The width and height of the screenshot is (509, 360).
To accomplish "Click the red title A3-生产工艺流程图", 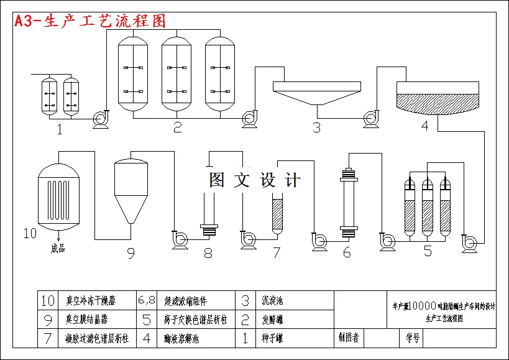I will tap(91, 21).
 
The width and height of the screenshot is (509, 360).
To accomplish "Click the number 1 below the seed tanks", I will tap(60, 129).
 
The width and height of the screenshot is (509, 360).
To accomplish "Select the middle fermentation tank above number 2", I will tap(177, 73).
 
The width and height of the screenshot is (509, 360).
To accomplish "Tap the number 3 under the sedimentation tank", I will tap(316, 128).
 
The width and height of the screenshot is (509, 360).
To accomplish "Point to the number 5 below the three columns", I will tap(428, 251).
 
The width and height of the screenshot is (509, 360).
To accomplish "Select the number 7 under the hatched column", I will tap(277, 252).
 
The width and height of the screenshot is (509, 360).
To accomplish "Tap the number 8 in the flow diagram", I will tap(208, 253).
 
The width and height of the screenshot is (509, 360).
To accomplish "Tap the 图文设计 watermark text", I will tap(255, 180).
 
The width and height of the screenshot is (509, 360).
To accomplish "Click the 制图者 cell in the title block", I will tap(348, 338).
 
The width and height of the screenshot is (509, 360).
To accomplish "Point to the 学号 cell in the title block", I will tap(413, 338).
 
